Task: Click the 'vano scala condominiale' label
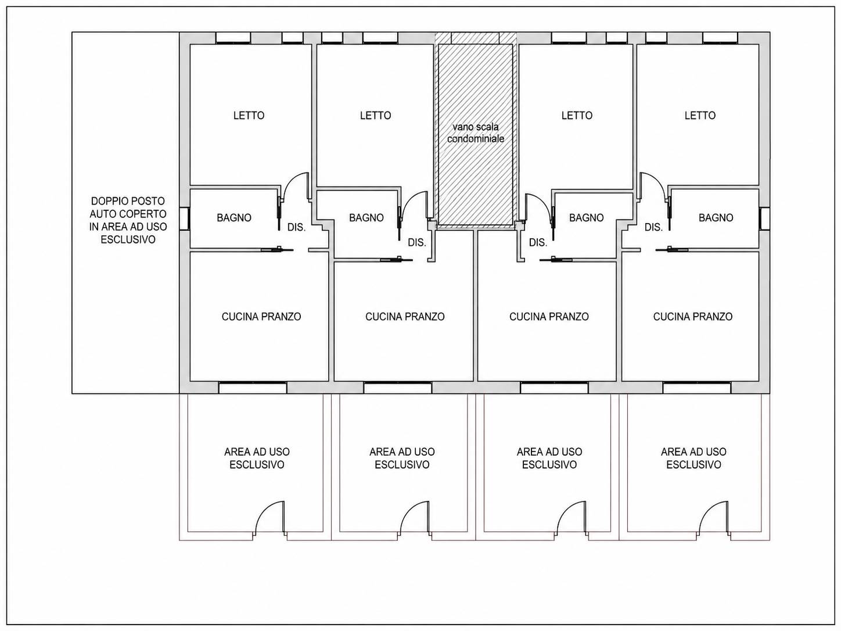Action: (x=476, y=132)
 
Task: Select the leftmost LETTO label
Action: (x=249, y=115)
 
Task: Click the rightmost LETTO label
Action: (x=700, y=115)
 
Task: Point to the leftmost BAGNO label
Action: (x=234, y=218)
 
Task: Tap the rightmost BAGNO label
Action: (x=716, y=218)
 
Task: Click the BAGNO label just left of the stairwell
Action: (x=366, y=218)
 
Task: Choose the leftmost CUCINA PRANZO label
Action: (x=261, y=317)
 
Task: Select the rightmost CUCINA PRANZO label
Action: (x=693, y=317)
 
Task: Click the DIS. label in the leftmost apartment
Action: (x=297, y=227)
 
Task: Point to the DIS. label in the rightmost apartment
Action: (x=653, y=227)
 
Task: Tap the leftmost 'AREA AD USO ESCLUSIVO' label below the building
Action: (x=257, y=458)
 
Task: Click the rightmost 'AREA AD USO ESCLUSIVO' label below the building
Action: (x=693, y=458)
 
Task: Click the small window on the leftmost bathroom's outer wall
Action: (x=185, y=219)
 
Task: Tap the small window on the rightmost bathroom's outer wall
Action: (x=764, y=219)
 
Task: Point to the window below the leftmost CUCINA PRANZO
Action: (x=253, y=388)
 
